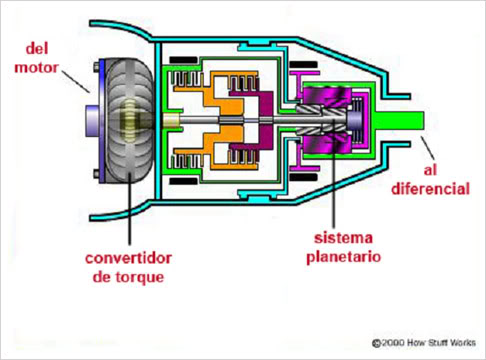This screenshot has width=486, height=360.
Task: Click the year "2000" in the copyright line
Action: pyautogui.click(x=390, y=342)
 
